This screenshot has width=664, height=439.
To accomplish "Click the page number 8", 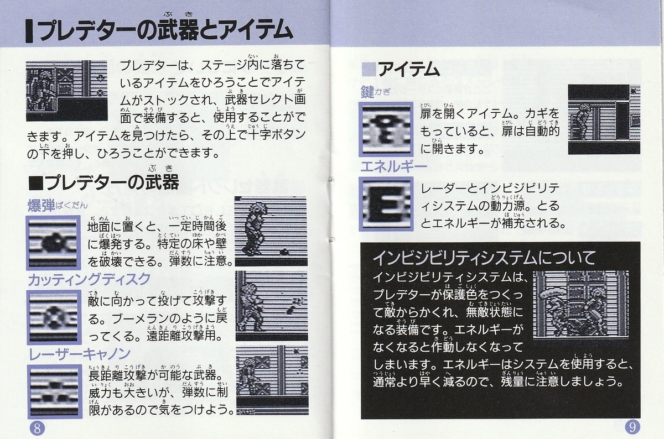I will [37, 427].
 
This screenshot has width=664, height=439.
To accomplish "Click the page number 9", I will [632, 427].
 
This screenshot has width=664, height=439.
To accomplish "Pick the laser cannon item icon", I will [53, 390].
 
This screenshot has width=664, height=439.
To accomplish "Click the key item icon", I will [386, 129].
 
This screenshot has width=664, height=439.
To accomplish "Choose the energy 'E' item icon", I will [386, 203].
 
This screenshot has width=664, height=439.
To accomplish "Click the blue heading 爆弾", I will [41, 206].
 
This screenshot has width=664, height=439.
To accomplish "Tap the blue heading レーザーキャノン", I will [79, 353].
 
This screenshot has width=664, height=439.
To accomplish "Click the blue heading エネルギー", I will [393, 166].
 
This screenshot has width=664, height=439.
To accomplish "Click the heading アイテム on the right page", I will [408, 70].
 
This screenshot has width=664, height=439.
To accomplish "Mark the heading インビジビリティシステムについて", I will [484, 258].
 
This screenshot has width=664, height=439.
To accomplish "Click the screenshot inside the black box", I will [581, 305].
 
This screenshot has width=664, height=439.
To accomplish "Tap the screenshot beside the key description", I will [604, 119].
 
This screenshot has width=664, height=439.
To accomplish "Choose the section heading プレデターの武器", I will [111, 181].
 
